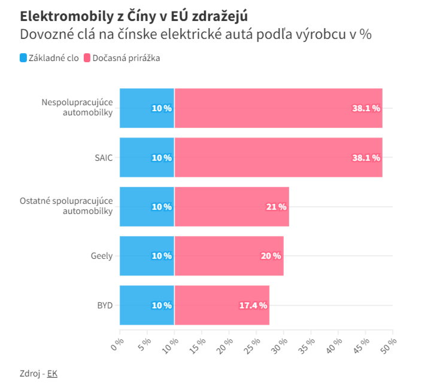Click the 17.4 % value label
tap(253, 305)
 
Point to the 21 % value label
tap(277, 207)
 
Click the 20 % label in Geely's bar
tap(271, 256)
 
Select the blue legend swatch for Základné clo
tap(23, 58)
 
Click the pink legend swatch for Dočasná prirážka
tap(87, 58)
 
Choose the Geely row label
tap(101, 256)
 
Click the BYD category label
tap(105, 305)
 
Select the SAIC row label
tap(104, 158)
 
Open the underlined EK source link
tap(53, 373)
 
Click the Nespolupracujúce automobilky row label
tap(77, 108)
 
